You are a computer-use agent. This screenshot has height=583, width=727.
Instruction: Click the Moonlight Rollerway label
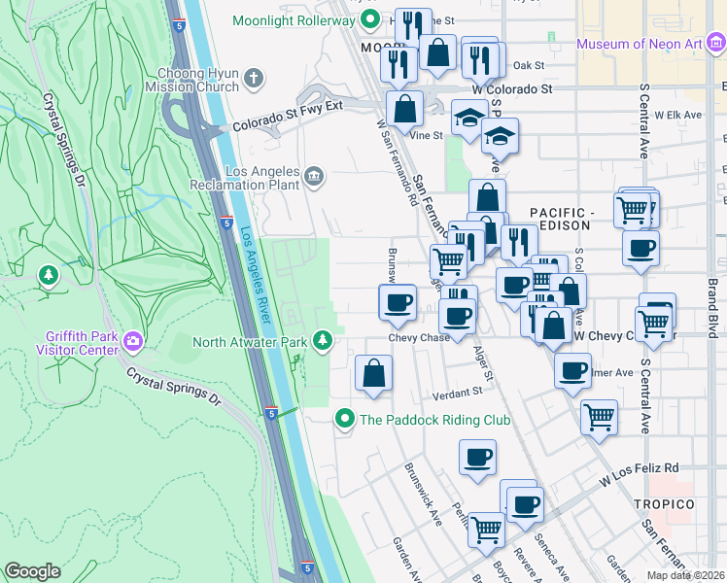pyautogui.click(x=292, y=19)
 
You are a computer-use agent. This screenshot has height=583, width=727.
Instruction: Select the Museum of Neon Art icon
pyautogui.click(x=717, y=44)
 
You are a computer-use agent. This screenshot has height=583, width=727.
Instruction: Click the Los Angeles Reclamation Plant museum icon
pyautogui.click(x=314, y=175)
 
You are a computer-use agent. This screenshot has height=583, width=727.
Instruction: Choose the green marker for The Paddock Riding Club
pyautogui.click(x=343, y=420)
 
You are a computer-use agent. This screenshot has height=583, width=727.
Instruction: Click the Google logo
pyautogui.click(x=32, y=571)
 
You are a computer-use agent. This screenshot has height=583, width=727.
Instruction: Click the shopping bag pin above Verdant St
pyautogui.click(x=373, y=374)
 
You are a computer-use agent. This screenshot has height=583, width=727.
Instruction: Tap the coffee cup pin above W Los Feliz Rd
pyautogui.click(x=476, y=459)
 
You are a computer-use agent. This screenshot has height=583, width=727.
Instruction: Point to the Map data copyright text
pyautogui.click(x=686, y=575)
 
